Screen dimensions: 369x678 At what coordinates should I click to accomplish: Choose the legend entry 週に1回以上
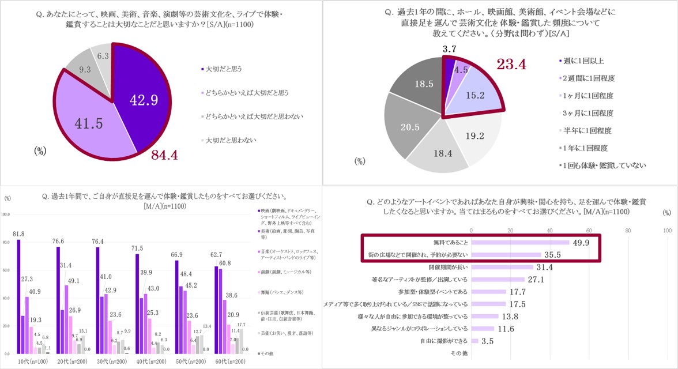tap(583, 61)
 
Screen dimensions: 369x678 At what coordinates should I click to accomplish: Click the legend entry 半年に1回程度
tap(587, 130)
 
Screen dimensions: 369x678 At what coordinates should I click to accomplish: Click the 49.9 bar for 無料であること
tap(520, 243)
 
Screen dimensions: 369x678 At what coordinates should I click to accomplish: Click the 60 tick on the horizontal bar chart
tap(589, 231)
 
